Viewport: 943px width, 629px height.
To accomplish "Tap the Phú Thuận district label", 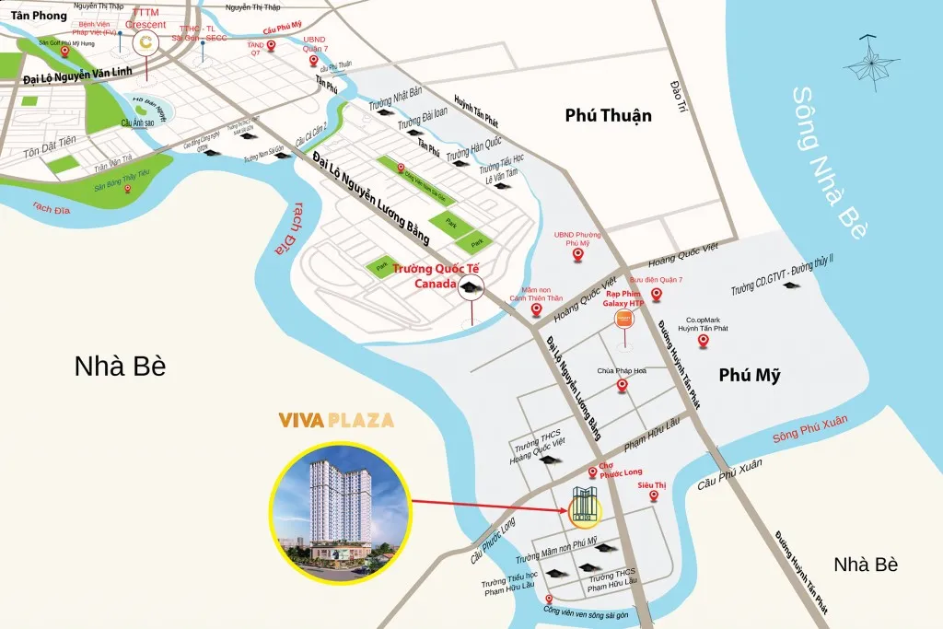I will tap(608, 115).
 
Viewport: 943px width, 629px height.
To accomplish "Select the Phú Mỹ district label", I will tap(749, 375).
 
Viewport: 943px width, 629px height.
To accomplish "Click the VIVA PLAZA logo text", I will tap(336, 422).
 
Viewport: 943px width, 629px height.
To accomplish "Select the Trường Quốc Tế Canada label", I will tap(430, 275).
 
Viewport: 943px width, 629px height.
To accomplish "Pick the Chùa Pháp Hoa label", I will tap(623, 370).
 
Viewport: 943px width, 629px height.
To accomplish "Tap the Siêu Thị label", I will tap(653, 482).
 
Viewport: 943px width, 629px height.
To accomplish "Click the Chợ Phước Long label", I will tap(618, 471).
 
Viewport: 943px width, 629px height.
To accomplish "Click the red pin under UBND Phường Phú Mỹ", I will tap(577, 254).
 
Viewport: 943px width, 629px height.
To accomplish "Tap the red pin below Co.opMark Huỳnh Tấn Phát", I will tap(703, 342).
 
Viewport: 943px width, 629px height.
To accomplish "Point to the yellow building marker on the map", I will tap(582, 506).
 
